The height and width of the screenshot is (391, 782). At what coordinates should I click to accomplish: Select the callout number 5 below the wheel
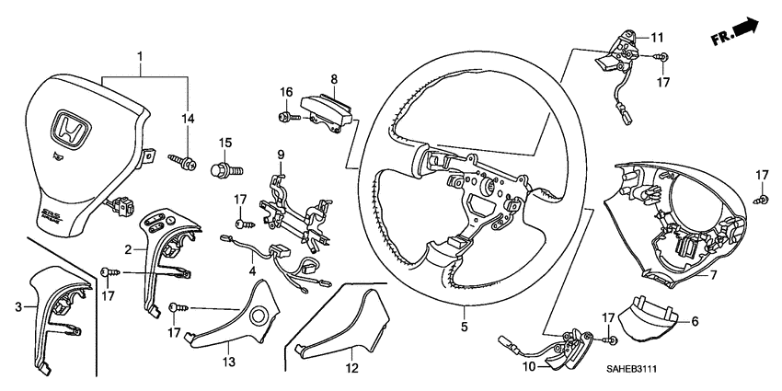[464, 326]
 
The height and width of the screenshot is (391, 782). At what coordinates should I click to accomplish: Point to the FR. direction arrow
[736, 32]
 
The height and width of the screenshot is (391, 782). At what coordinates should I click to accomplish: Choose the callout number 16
[286, 92]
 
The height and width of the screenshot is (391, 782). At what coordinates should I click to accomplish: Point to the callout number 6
[695, 321]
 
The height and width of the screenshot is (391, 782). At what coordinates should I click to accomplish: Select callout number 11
[658, 38]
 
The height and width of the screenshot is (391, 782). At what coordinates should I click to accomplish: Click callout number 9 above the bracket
[282, 153]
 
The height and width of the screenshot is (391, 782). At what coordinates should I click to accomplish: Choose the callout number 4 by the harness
[252, 273]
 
